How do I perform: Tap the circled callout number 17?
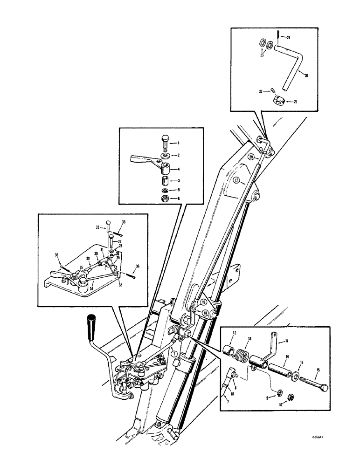point(236,180)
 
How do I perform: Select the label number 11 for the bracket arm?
point(286,341)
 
